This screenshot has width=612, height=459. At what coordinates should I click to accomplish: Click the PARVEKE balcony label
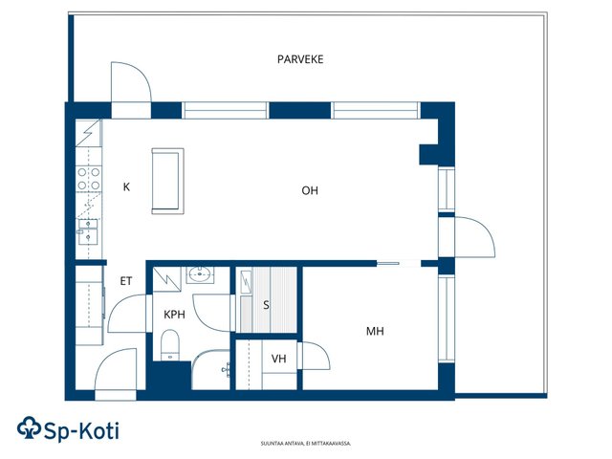tap(300, 59)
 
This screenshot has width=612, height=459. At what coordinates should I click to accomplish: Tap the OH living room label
tap(310, 190)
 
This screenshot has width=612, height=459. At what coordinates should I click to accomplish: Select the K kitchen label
tap(126, 187)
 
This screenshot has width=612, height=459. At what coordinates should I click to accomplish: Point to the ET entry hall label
tap(125, 281)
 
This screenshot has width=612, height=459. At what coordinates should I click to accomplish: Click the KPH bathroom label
tap(174, 315)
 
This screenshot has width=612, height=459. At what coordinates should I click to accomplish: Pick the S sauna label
tap(266, 305)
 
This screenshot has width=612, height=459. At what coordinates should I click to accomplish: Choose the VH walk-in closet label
tap(278, 359)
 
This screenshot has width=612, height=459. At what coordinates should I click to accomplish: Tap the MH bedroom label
tap(375, 332)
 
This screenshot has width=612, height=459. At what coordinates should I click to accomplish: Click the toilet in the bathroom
tap(170, 345)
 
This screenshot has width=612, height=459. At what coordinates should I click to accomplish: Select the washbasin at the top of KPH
tap(200, 274)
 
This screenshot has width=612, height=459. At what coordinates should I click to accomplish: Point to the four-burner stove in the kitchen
tap(89, 179)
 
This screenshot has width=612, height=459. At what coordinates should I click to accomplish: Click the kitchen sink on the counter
tap(88, 231)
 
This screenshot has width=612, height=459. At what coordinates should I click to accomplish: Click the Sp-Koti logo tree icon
tap(29, 427)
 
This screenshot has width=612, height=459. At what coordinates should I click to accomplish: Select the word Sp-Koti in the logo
tap(81, 431)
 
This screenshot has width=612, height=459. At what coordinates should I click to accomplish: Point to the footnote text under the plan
tap(306, 444)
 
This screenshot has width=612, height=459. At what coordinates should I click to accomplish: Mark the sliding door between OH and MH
tap(388, 264)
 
